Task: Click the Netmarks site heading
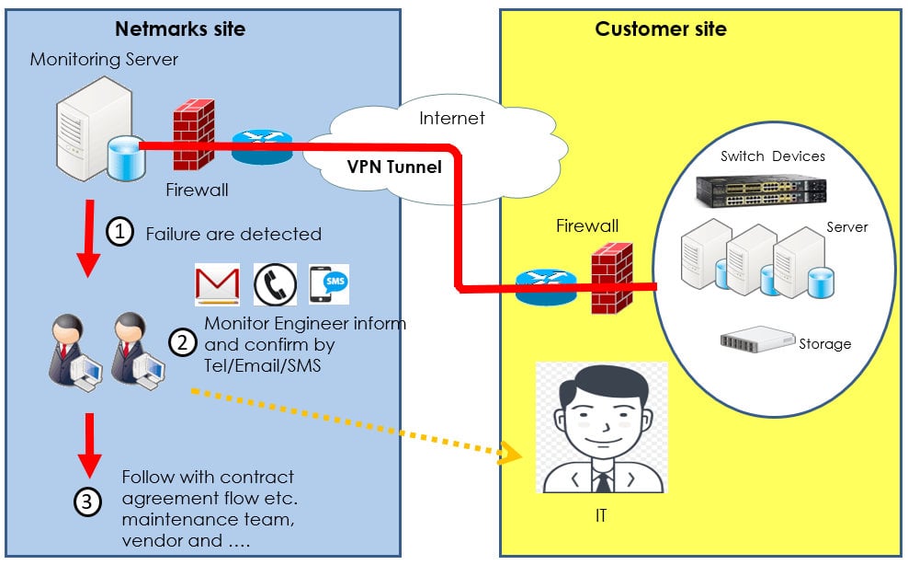pos(180,29)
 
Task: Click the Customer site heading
pos(661,29)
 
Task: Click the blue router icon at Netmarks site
pos(259,147)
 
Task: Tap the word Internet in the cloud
pos(452,118)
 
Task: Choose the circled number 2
pos(182,341)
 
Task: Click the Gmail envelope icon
pos(218,284)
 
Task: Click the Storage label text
pos(824,343)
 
